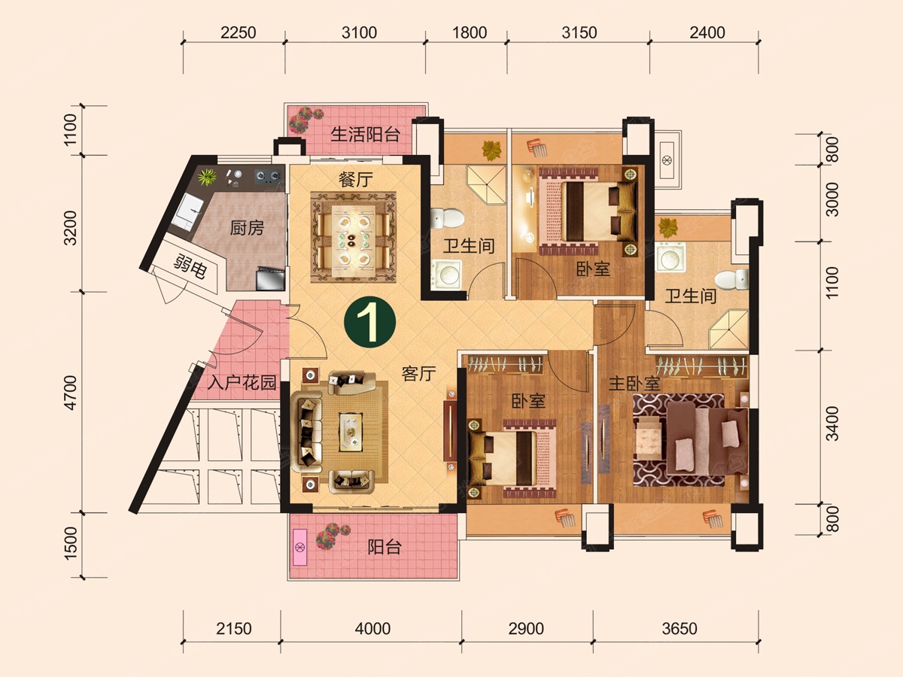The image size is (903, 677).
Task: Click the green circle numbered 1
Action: click(369, 322)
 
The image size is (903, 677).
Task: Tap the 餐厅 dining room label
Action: click(355, 179)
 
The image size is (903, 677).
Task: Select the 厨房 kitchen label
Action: click(246, 228)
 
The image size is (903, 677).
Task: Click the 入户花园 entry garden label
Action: click(242, 383)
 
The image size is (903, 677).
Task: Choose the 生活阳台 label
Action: click(365, 134)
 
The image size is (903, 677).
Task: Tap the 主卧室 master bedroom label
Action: click(634, 384)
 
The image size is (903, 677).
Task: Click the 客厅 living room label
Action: click(418, 374)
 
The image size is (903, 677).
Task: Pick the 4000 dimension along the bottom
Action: click(372, 629)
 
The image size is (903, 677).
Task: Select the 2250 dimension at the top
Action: click(239, 32)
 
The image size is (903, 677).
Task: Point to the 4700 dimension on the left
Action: click(71, 393)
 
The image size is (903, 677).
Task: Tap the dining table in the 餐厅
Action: click(354, 237)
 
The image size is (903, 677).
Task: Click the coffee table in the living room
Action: click(351, 432)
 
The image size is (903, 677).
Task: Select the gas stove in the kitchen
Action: click(268, 177)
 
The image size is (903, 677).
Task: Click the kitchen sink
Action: click(187, 211)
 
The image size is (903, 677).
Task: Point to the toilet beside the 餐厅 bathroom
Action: click(447, 219)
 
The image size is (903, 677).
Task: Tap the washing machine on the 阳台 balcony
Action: click(300, 547)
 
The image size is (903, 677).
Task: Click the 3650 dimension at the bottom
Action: click(680, 629)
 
